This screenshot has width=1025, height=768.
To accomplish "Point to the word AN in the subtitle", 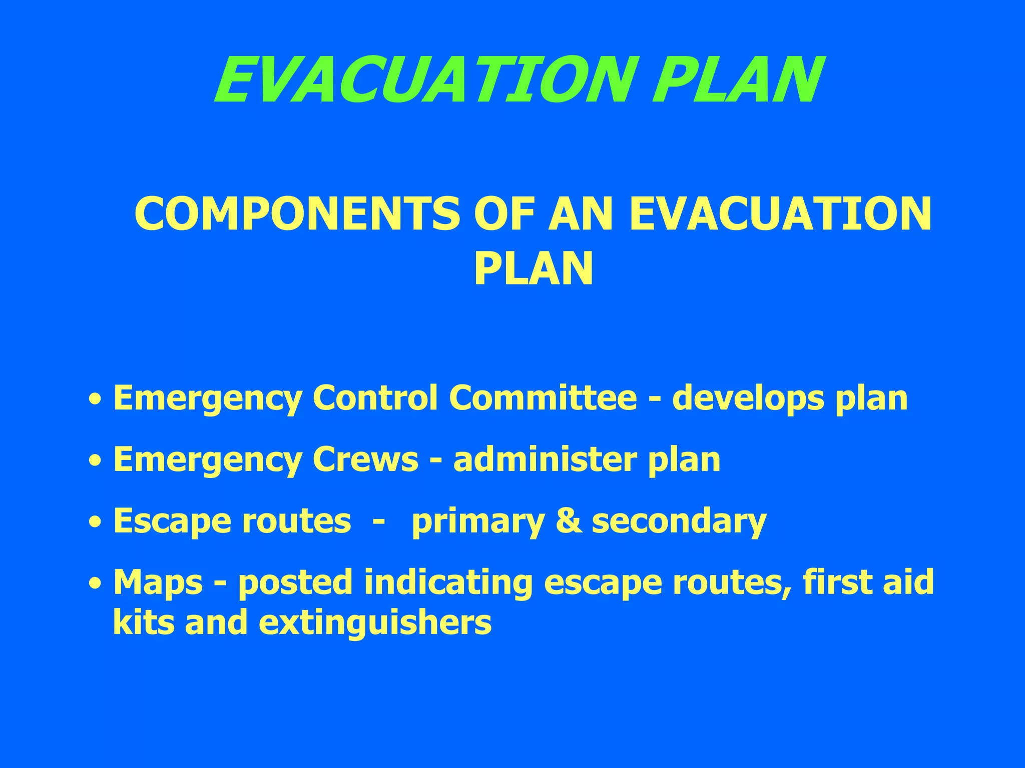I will coord(581,214).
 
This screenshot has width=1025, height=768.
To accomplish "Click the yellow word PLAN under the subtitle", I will coord(534,269).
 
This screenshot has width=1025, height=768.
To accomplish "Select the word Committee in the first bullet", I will coord(543,398).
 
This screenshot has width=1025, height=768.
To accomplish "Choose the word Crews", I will coord(365,459).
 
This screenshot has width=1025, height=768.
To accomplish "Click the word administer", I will coord(545,459).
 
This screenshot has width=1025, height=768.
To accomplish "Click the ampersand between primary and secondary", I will coord(568,521).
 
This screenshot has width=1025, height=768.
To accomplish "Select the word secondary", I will coord(679,521).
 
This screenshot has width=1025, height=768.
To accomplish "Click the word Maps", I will coord(158,583).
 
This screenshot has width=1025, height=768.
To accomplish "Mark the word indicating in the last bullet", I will coord(448,583).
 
